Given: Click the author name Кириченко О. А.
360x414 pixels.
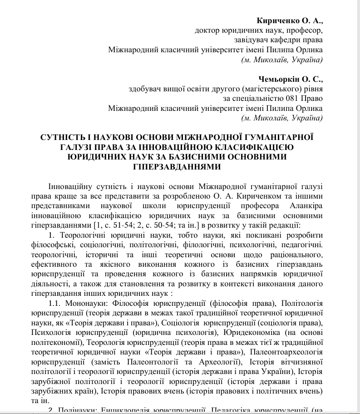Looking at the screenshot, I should [289, 21].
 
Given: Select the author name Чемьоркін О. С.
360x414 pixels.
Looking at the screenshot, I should [291, 79].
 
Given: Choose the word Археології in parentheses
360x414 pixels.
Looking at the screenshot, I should [215, 362].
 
